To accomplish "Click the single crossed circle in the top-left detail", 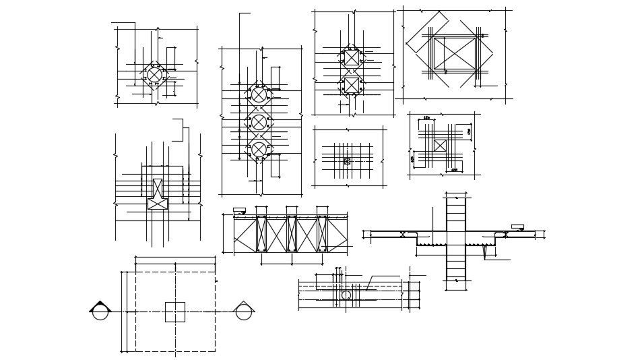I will [x=155, y=74].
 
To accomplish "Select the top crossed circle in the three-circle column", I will [x=259, y=94].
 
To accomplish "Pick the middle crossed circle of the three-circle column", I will [x=259, y=122].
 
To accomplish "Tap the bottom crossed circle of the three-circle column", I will [x=259, y=149].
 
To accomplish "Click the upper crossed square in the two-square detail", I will [x=352, y=57].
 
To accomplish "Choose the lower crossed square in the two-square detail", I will [x=352, y=85].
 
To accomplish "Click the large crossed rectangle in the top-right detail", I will [x=455, y=53].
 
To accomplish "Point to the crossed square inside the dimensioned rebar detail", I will [x=440, y=146].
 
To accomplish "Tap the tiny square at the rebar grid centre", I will [x=347, y=161].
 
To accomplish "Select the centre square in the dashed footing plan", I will [x=175, y=312].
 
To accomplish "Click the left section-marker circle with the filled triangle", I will [x=100, y=311].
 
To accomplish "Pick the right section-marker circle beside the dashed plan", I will [x=244, y=311].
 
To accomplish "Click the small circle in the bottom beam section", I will [x=346, y=295].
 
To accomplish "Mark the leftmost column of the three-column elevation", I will [x=261, y=233].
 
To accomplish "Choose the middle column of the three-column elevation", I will [x=292, y=233].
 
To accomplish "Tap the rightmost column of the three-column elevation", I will [x=322, y=233].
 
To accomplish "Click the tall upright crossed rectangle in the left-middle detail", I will [x=158, y=188].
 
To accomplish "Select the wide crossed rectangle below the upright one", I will [x=158, y=204].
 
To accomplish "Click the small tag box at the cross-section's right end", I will [x=517, y=227].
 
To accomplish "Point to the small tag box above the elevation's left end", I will [x=239, y=211].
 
